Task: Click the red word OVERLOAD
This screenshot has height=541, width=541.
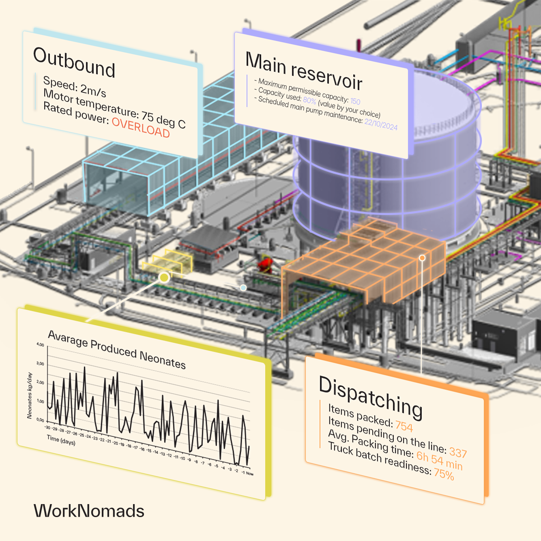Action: coord(140,127)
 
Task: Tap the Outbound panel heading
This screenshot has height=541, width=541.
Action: coord(74,62)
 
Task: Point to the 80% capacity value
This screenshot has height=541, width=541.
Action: coord(309,100)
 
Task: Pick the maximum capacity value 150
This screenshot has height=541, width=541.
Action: coord(355,101)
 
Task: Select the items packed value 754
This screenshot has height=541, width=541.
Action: coord(404,426)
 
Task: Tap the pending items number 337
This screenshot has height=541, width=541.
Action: coord(458,453)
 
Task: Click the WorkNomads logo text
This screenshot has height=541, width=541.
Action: coord(89,511)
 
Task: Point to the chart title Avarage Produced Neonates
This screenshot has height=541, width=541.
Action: coord(117,349)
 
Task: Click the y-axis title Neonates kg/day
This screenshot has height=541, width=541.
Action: coord(29,395)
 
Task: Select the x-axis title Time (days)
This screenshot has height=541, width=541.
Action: coord(61,440)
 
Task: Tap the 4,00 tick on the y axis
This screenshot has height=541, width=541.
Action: coord(40,344)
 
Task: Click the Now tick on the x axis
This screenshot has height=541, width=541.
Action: coord(249,473)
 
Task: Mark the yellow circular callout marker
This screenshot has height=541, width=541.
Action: coord(164,277)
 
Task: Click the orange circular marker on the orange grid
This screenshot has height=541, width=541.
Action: coord(422,258)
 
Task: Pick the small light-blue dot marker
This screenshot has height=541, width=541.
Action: coord(243,288)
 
